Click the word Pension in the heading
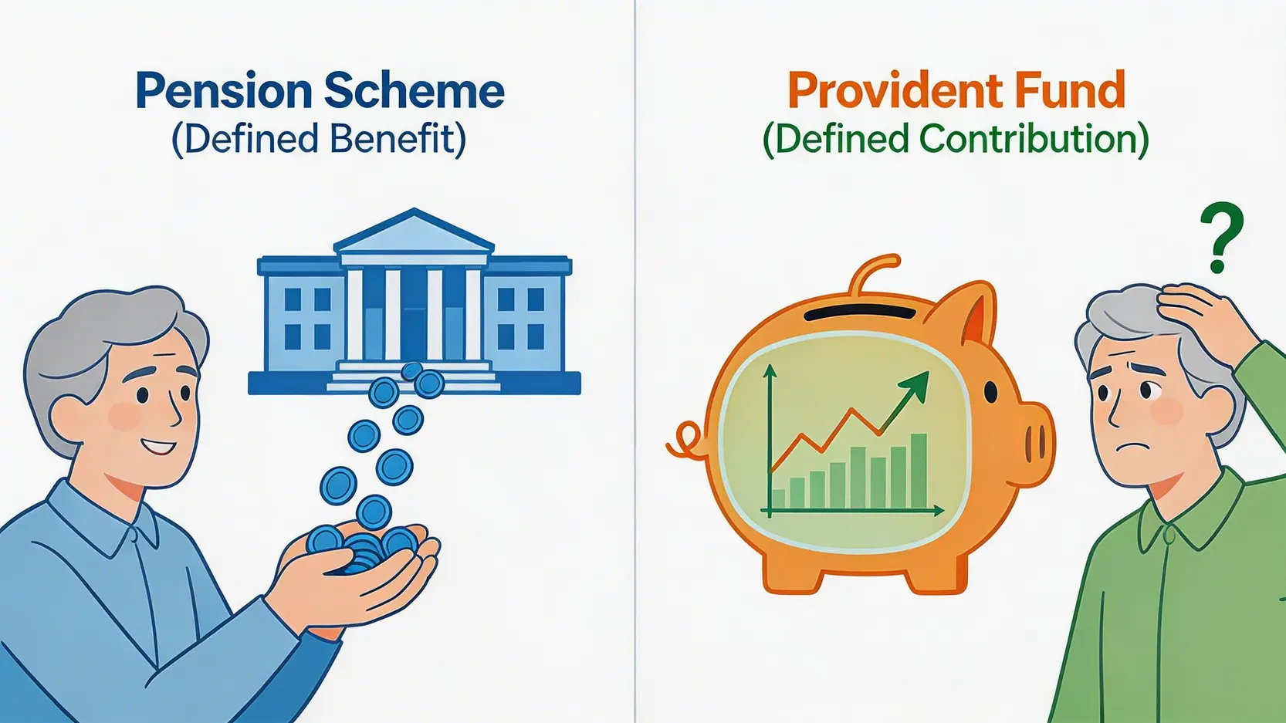(225, 91)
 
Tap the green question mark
(1222, 238)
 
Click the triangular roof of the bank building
(414, 231)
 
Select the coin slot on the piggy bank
(861, 313)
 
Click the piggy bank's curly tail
(686, 441)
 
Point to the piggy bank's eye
(991, 391)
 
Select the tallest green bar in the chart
(919, 471)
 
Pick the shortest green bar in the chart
(779, 499)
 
